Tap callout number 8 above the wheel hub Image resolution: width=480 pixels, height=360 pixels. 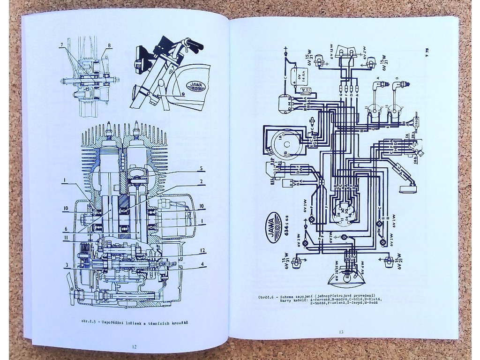coord(109,45)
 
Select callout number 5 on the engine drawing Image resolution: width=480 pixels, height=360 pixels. coord(200,168)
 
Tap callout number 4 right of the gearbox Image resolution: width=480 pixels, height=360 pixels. coord(203,263)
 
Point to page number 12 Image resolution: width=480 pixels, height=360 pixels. coord(134,346)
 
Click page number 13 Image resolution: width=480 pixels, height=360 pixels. coord(341,332)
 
